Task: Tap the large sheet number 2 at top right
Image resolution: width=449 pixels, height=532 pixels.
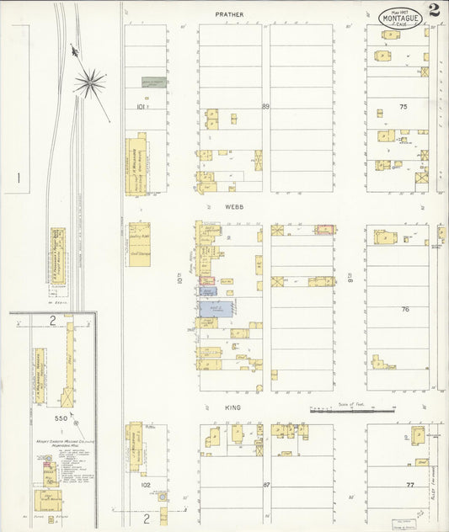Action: pos(433,11)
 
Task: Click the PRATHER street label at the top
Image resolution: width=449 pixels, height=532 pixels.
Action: pos(228,14)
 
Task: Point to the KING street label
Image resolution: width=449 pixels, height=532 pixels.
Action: pos(233,407)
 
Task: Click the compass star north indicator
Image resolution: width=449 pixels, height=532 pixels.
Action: pos(89,82)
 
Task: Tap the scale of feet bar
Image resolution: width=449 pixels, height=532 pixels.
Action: pos(352,411)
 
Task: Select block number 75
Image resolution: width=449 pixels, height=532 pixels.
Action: pos(404,107)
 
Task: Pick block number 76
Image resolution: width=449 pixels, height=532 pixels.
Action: pos(405,309)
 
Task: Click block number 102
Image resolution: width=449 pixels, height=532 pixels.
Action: pos(144,485)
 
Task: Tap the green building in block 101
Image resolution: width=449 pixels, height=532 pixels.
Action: pos(152,82)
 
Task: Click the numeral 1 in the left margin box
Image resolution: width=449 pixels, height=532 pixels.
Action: pos(19,178)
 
